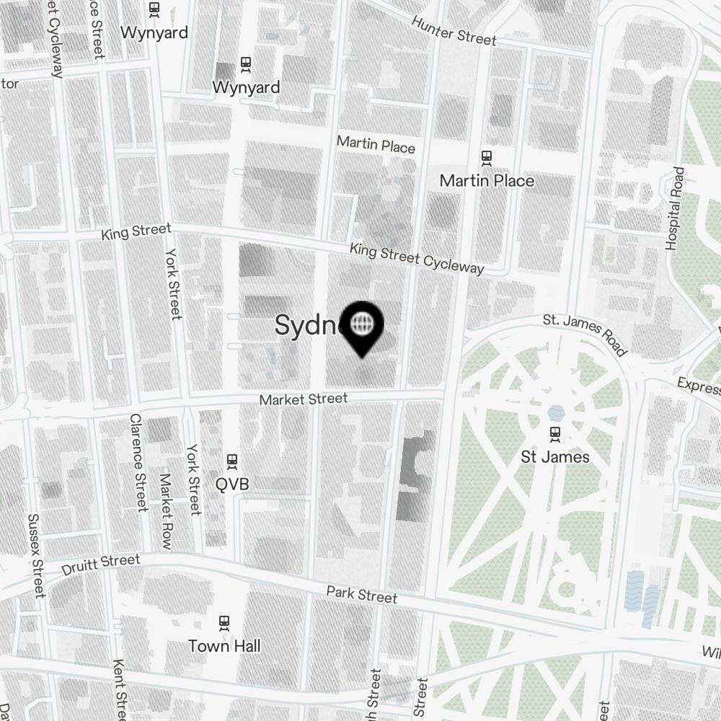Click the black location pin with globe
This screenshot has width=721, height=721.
[362, 327]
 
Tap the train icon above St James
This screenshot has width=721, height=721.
[555, 434]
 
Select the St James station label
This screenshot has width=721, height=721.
[555, 457]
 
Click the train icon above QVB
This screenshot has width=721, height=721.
[232, 460]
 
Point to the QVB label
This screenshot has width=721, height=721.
[232, 484]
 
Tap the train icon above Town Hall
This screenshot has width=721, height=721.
[224, 622]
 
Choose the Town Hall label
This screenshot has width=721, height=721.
[224, 645]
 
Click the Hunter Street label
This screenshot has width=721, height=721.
[454, 30]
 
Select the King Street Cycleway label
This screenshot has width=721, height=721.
[417, 258]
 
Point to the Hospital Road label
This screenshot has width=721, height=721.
[675, 209]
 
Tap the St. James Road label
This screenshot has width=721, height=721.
[585, 333]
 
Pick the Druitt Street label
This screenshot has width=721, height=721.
[101, 565]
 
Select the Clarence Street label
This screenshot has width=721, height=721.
[138, 462]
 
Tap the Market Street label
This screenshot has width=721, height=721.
[304, 399]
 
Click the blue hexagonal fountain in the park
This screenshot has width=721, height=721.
[556, 413]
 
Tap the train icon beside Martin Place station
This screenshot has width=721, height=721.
[487, 156]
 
